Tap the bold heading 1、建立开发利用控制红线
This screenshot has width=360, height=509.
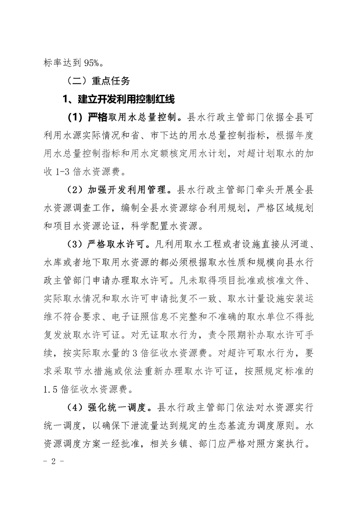tap(118, 98)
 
